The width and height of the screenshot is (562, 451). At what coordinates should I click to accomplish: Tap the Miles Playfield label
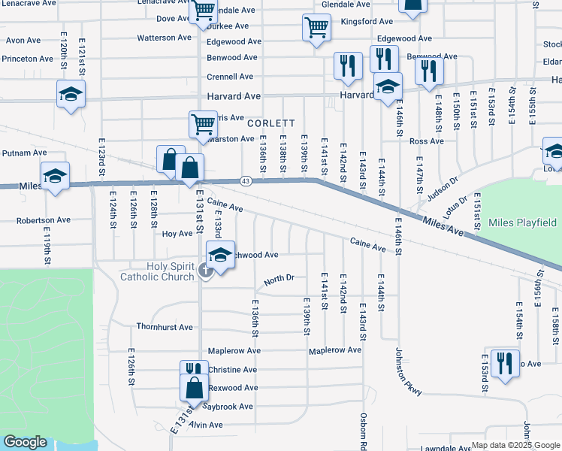click(522, 222)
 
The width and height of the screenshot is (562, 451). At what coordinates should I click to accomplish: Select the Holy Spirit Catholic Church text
click(158, 271)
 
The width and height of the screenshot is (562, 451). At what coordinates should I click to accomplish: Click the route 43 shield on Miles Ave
click(246, 181)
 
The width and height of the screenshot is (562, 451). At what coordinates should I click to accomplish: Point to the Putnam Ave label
click(24, 153)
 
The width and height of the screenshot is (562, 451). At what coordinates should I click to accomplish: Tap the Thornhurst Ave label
click(165, 327)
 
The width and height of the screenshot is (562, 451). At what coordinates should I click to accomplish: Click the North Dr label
click(279, 280)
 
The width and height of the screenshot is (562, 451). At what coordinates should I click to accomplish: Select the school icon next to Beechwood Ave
click(220, 254)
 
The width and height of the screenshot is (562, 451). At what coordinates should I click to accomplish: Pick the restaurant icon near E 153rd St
click(504, 363)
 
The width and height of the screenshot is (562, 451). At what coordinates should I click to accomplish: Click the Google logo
click(26, 442)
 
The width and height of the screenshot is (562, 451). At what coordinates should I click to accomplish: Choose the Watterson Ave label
click(165, 38)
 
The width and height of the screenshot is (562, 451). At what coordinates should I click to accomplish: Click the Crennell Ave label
click(230, 77)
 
